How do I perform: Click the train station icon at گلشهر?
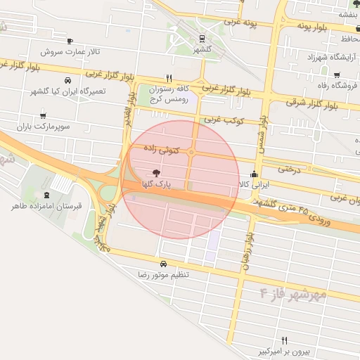pyautogui.click(x=202, y=39)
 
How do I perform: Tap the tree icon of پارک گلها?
pyautogui.click(x=155, y=172)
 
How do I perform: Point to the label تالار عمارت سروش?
pyautogui.click(x=70, y=51)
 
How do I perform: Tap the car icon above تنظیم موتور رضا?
pyautogui.click(x=163, y=264)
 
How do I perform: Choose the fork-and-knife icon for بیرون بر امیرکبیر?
pyautogui.click(x=284, y=340)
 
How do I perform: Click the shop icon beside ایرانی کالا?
pyautogui.click(x=254, y=174)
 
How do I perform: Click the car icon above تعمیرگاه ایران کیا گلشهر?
pyautogui.click(x=67, y=80)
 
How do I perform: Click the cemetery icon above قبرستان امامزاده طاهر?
pyautogui.click(x=47, y=195)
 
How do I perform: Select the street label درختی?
pyautogui.click(x=289, y=169)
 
